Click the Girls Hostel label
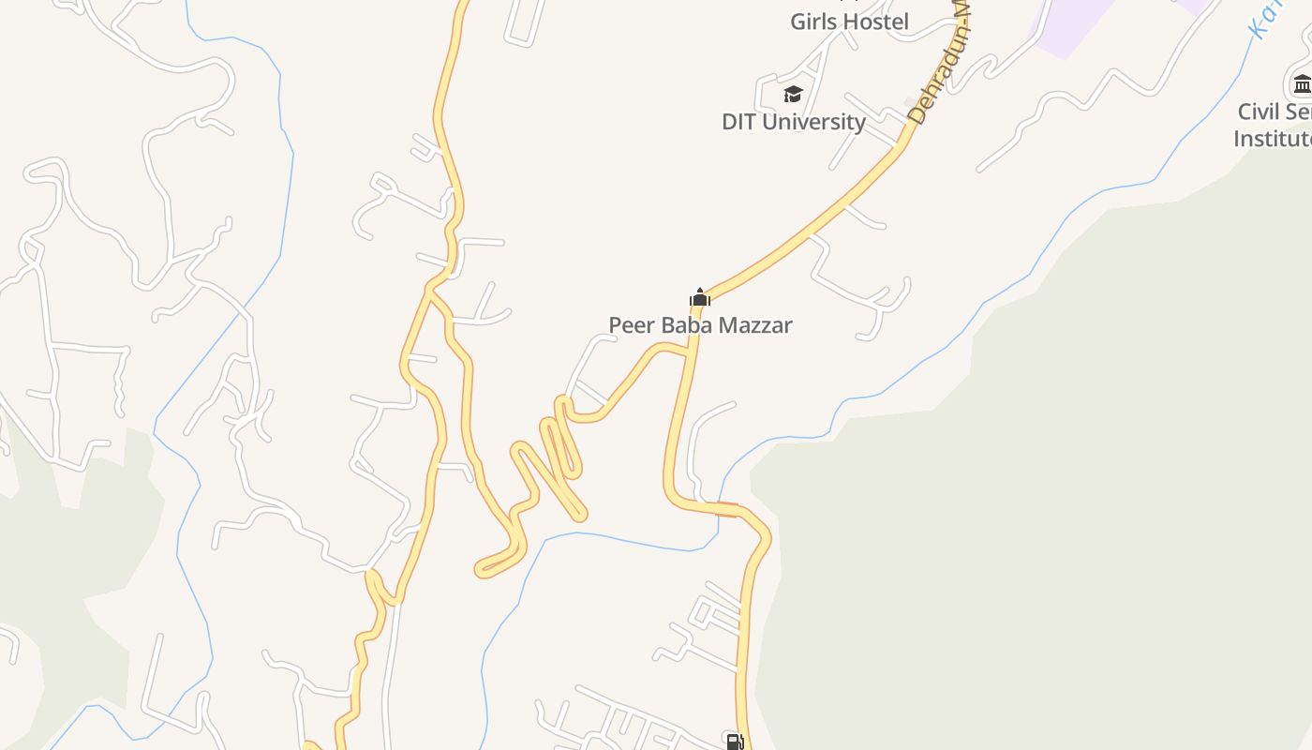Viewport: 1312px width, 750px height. click(x=849, y=22)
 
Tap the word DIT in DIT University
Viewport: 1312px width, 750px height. click(x=740, y=122)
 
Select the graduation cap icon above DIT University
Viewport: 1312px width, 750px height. click(x=794, y=94)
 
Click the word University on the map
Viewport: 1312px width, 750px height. click(x=813, y=122)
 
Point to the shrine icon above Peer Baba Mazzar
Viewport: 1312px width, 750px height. click(x=700, y=297)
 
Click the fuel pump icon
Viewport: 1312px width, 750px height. click(x=736, y=742)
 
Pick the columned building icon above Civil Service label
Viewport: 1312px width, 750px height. click(x=1303, y=84)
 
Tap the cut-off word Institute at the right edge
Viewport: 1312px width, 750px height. click(x=1273, y=139)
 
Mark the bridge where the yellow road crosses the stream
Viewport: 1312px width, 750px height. click(x=727, y=509)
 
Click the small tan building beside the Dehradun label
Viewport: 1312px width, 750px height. click(x=909, y=101)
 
